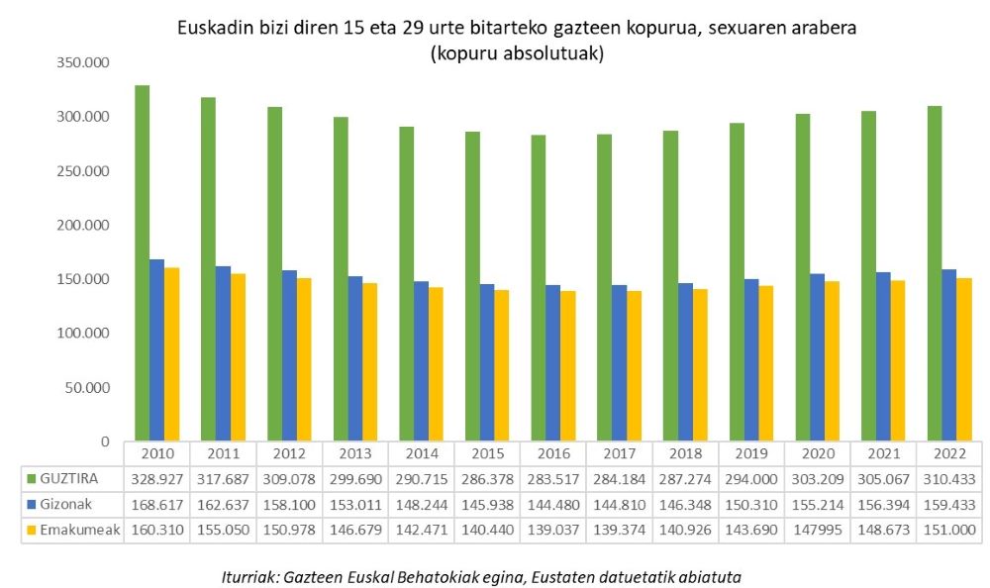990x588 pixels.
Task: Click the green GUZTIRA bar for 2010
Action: coord(142,262)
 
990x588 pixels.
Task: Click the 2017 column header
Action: coord(619,453)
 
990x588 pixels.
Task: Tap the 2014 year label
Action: coord(421,453)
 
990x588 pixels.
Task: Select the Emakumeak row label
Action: coord(71,530)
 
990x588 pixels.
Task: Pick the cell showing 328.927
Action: coord(156,478)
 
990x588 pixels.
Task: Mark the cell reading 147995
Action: coord(817,530)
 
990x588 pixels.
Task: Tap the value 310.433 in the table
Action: coord(949,478)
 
